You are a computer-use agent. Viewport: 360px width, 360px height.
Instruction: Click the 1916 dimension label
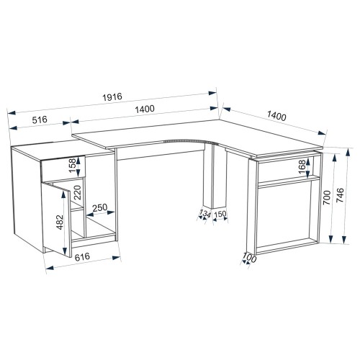(x=112, y=96)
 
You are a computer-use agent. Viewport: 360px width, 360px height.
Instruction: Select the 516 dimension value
(x=40, y=120)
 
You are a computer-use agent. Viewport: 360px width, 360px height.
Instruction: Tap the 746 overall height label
(x=341, y=195)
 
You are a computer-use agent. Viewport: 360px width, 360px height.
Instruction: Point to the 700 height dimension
(x=327, y=197)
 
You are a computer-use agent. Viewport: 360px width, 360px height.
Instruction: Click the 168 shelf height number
(x=302, y=166)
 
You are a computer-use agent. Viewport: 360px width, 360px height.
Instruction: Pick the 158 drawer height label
(x=73, y=166)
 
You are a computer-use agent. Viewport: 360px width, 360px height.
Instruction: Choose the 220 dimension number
(x=78, y=192)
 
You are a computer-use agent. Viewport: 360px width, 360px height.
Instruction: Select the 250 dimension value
(x=100, y=207)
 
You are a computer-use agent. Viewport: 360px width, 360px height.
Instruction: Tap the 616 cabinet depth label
(x=82, y=257)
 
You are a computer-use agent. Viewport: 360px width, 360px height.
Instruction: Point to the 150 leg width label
(x=220, y=214)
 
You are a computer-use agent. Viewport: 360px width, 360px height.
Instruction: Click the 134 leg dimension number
(x=204, y=213)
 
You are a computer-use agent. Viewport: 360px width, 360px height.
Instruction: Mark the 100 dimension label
(x=249, y=258)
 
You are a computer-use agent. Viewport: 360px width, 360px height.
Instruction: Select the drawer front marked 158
(x=63, y=168)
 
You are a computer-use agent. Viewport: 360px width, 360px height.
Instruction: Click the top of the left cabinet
(x=63, y=150)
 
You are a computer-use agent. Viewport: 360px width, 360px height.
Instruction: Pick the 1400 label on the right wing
(x=276, y=116)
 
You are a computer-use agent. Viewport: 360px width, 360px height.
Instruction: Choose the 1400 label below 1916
(x=145, y=109)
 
